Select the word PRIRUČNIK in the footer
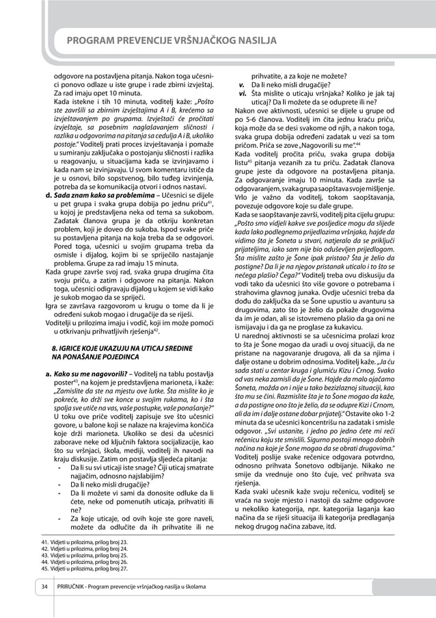point(77,588)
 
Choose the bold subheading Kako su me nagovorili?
point(90,374)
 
